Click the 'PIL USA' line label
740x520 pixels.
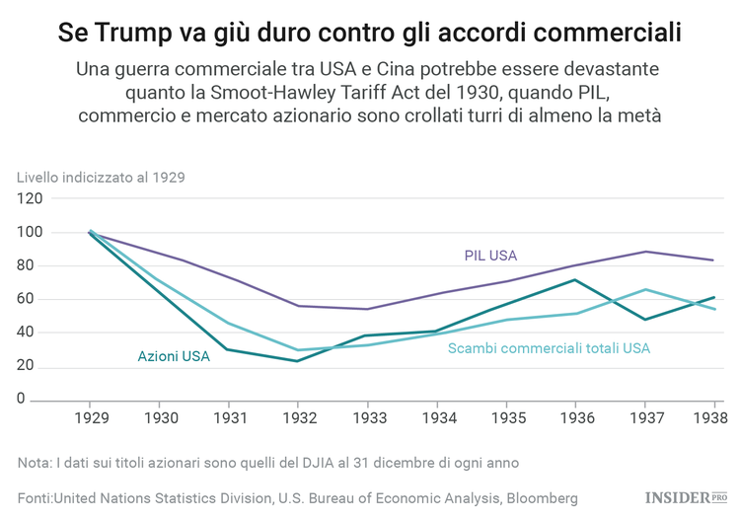coord(490,256)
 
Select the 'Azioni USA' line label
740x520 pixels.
coord(174,355)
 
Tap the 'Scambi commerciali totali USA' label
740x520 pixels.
coord(549,348)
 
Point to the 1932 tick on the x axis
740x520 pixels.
coord(298,418)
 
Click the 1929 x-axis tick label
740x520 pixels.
coord(91,418)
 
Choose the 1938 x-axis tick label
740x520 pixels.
coord(712,418)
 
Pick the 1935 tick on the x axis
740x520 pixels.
coord(505,418)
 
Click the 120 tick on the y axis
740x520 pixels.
coord(30,198)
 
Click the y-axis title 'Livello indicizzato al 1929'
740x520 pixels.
coord(101,178)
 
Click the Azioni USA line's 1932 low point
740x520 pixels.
coord(298,361)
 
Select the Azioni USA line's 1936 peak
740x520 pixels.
coord(574,280)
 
